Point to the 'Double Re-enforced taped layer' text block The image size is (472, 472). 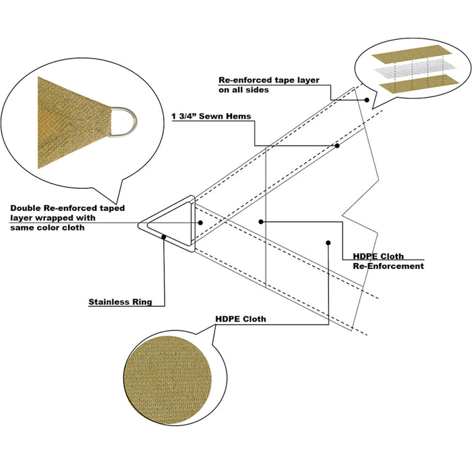point(67,218)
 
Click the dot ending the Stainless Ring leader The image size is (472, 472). point(165,237)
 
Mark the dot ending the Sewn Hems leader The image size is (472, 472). point(337,145)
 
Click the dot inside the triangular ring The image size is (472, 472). point(200,222)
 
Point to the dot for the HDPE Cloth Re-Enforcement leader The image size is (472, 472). point(261,221)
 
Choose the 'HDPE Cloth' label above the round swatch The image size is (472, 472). point(240,319)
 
